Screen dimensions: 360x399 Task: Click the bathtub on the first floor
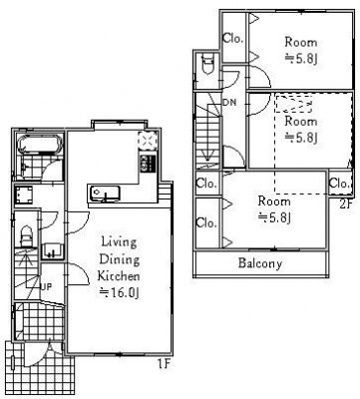pos(41,144)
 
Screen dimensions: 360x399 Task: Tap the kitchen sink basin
pos(105,194)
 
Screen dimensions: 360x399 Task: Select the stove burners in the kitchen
pos(148,164)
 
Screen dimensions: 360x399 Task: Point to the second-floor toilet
pos(208,64)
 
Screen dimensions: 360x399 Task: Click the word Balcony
pos(260,263)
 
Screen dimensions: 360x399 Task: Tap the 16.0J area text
pos(120,292)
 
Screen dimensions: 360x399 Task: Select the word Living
pos(119,242)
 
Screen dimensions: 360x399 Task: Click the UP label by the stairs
pos(46,286)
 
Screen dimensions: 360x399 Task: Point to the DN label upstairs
pos(229,103)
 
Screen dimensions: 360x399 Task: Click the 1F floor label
pos(164,365)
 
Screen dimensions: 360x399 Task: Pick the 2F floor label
pos(345,203)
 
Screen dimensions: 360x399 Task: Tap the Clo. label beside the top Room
pos(233,39)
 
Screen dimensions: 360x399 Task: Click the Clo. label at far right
pos(340,183)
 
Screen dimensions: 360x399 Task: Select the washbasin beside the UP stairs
pos(53,251)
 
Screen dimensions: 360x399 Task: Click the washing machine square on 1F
pos(24,195)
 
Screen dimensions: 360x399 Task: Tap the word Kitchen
pos(119,275)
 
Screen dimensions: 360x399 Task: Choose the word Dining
pos(120,259)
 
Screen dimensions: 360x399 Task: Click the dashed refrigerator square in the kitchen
pos(148,140)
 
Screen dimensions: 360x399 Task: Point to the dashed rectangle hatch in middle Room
pos(293,105)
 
